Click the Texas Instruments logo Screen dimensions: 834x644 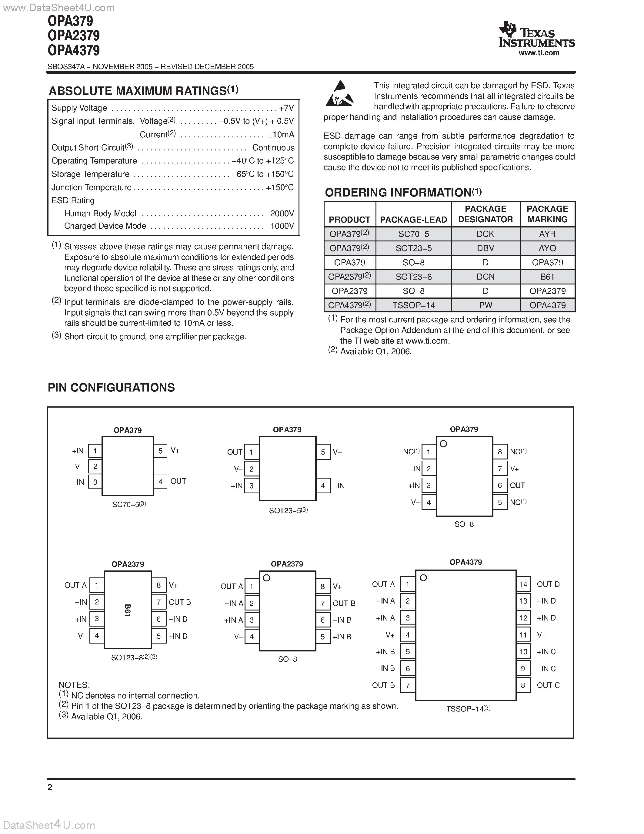[x=536, y=35]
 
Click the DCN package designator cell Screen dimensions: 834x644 [x=485, y=277]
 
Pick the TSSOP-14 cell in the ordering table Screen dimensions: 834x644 [x=414, y=305]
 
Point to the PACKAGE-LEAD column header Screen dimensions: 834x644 [x=414, y=220]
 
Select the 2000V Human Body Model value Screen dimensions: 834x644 [x=282, y=213]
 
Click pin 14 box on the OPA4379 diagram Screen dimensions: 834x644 [x=523, y=584]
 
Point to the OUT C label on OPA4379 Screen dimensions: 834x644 [x=548, y=685]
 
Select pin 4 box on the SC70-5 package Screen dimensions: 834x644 [x=160, y=482]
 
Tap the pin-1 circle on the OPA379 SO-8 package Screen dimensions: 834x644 [x=443, y=444]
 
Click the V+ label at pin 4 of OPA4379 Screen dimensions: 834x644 [x=390, y=635]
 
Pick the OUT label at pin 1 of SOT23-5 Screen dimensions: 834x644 [x=235, y=452]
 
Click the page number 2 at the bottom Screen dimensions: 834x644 [x=50, y=787]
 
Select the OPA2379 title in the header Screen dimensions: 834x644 [x=74, y=35]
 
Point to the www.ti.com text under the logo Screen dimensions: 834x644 [x=539, y=53]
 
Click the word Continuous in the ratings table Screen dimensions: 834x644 [x=273, y=148]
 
